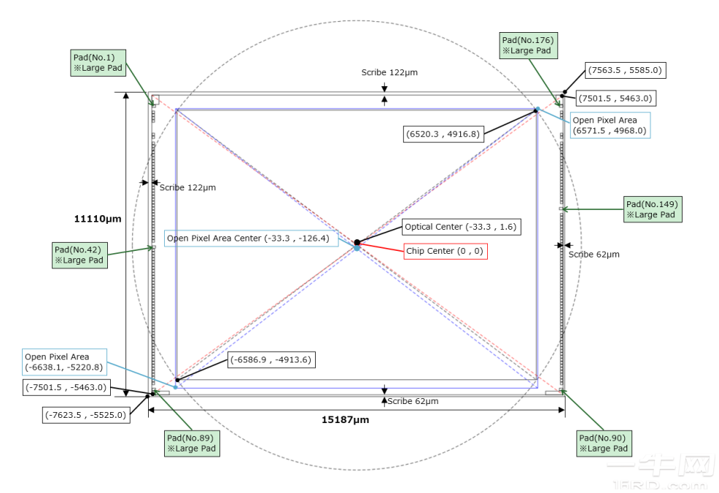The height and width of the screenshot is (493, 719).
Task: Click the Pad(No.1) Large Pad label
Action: [98, 63]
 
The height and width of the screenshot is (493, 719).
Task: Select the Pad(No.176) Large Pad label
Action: [529, 45]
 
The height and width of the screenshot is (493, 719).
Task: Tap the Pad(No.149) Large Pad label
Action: [653, 209]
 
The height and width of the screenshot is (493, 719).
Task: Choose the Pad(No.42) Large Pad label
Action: [79, 255]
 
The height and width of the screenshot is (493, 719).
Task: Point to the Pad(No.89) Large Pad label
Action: [192, 443]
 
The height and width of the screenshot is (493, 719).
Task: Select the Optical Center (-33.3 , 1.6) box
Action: [461, 227]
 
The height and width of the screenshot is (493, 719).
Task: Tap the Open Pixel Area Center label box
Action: [251, 238]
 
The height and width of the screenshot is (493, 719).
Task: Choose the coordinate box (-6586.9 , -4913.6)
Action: [272, 360]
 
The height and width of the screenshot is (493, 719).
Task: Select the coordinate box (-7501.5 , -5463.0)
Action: [66, 387]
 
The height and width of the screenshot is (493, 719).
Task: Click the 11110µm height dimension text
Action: [97, 217]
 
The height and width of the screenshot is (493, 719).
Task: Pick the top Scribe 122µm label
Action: [389, 72]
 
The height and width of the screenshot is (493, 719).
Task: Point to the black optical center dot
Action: [357, 242]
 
